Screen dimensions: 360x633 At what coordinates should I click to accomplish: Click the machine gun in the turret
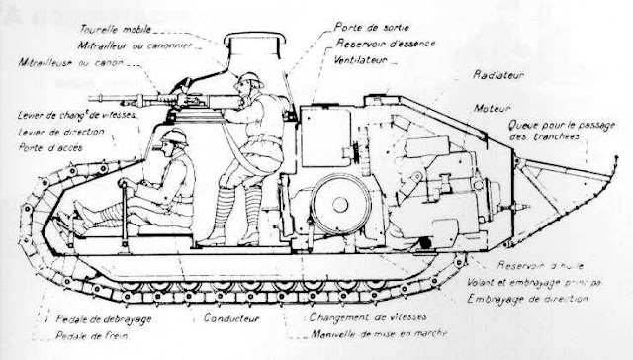(203, 98)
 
